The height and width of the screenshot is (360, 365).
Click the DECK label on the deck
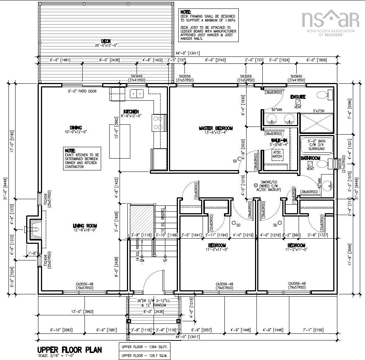click(x=106, y=41)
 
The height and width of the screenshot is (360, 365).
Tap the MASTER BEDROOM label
click(x=216, y=128)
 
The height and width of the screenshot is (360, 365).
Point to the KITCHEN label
click(x=131, y=111)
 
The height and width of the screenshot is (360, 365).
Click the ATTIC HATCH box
click(x=277, y=154)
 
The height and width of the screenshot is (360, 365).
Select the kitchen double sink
click(x=137, y=94)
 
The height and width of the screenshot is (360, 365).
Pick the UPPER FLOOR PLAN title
click(x=69, y=349)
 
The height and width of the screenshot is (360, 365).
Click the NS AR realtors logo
click(x=330, y=21)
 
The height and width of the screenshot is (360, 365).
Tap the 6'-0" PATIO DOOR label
click(x=82, y=91)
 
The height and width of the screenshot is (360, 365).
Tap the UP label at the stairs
click(x=165, y=260)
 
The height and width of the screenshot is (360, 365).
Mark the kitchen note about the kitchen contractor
click(x=82, y=159)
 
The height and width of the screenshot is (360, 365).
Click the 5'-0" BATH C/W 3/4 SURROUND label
click(x=316, y=144)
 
